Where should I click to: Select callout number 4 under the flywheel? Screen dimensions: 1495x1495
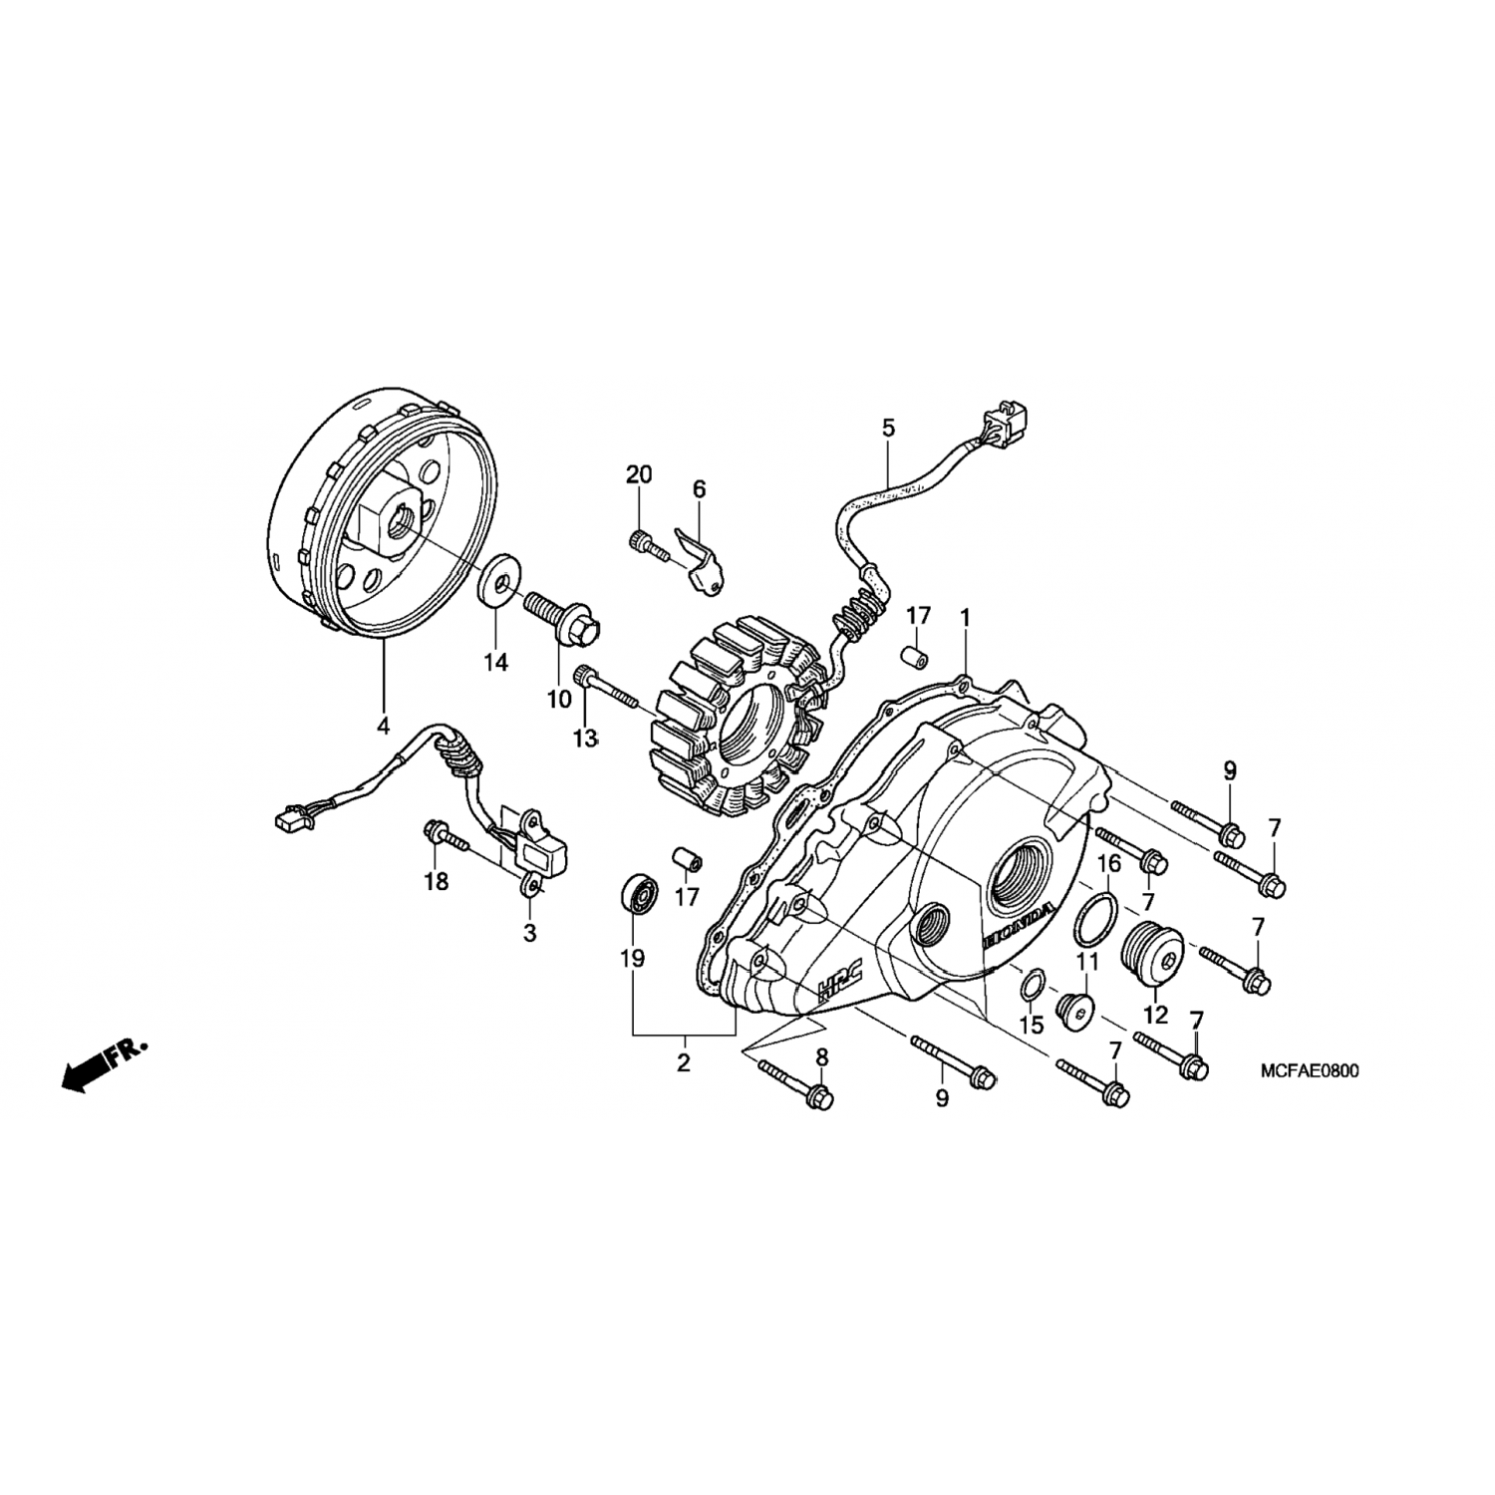[383, 726]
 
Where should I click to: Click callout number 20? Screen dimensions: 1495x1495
[639, 474]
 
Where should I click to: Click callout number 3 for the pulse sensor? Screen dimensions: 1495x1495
[530, 934]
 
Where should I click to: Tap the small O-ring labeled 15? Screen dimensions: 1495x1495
[1034, 985]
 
